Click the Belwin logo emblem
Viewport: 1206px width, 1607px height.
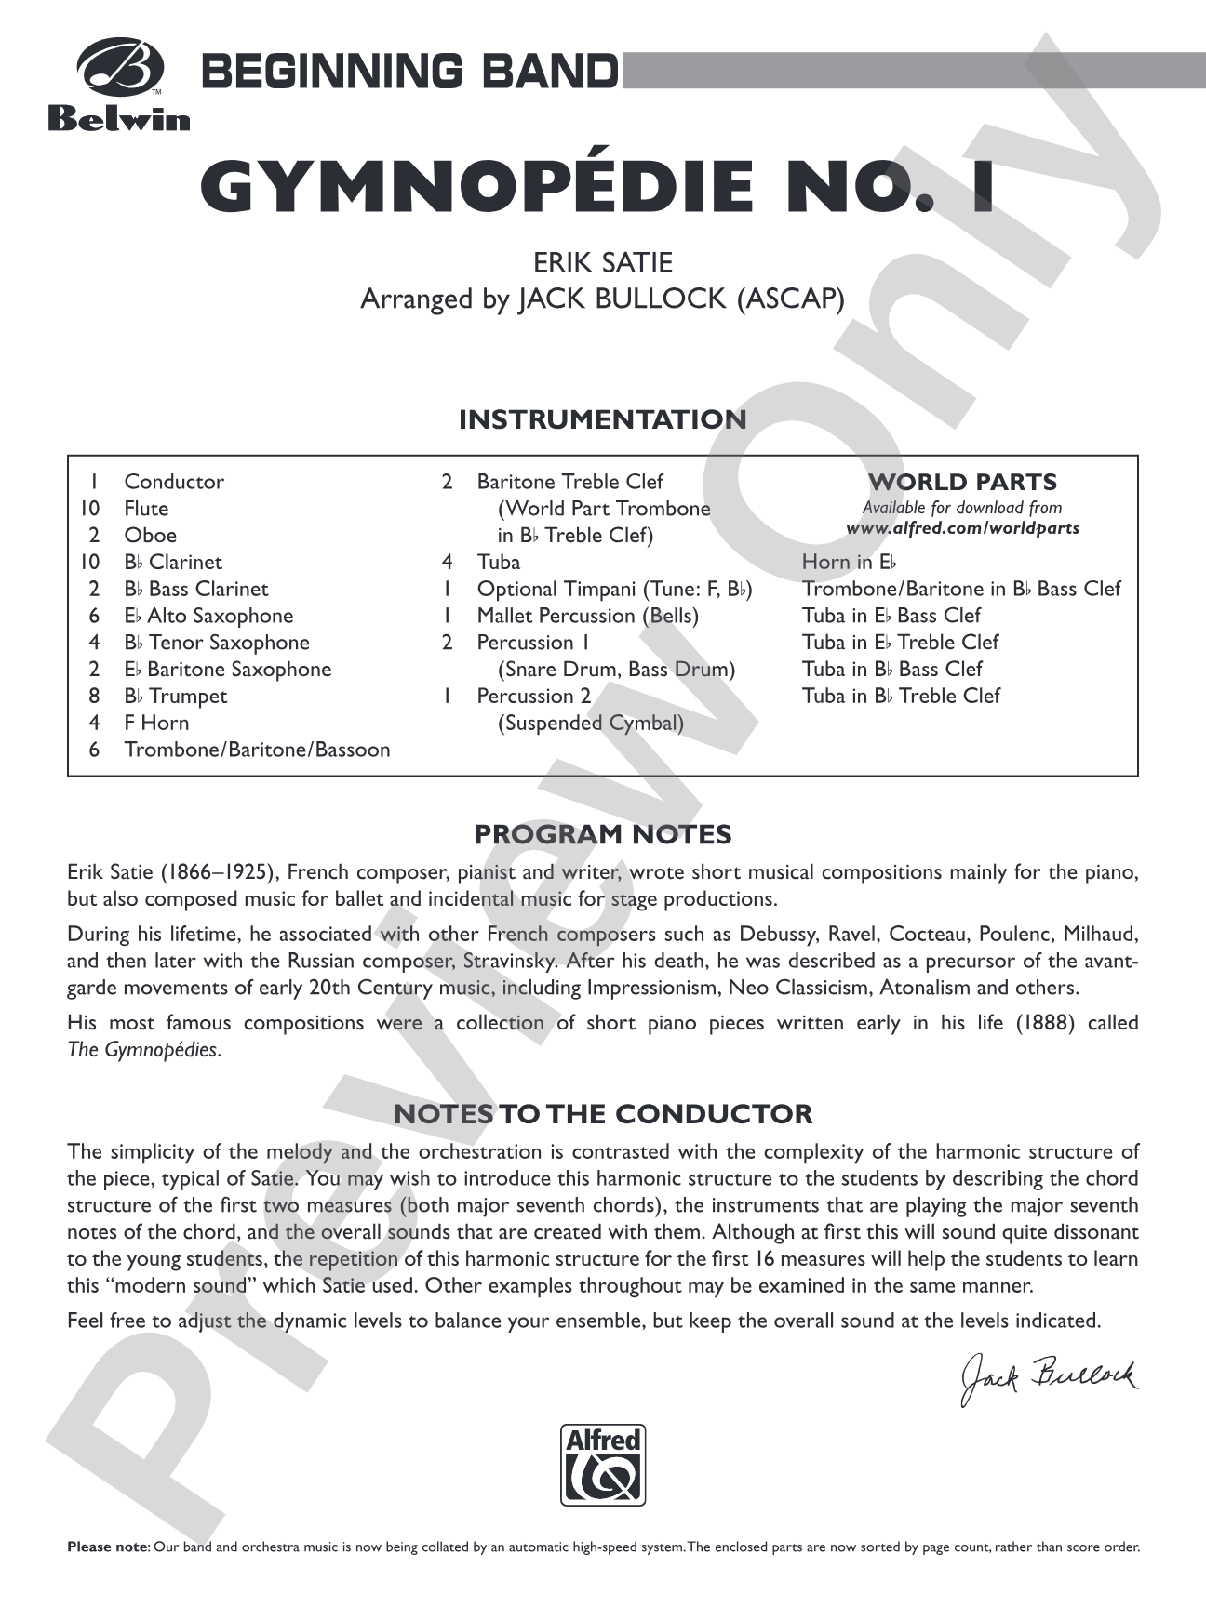118,69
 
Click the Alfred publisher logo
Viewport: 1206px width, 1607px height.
603,1465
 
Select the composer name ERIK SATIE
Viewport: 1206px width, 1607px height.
603,262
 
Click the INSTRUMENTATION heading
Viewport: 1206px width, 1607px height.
602,419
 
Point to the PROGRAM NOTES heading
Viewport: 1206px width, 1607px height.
602,834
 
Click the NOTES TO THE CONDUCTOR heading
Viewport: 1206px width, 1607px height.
602,1113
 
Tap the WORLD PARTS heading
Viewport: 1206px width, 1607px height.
962,482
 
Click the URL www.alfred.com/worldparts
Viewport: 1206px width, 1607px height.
962,528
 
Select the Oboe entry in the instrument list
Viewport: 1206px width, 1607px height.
150,536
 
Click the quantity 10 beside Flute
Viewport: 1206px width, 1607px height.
90,509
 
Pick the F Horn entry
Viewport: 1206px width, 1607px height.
156,723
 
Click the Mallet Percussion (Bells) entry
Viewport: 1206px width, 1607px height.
587,616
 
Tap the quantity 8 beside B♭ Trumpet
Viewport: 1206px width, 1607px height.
94,696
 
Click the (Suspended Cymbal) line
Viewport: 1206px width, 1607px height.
590,723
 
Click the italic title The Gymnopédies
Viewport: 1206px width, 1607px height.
144,1050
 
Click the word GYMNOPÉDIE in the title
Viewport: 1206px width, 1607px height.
476,186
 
